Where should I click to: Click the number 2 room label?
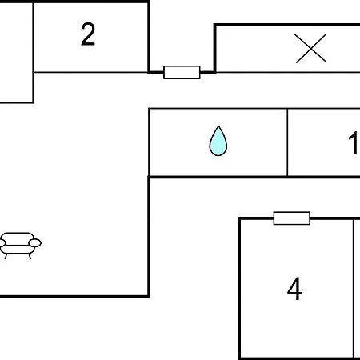point(88,34)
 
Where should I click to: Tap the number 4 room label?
point(294,289)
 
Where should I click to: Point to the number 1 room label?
point(354,143)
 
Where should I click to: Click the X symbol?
point(310,49)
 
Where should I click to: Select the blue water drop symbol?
point(218,141)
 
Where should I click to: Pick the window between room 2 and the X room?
point(182,72)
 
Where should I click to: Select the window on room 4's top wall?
point(292,218)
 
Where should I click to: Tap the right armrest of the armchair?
point(35,243)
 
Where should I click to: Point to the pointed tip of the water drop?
point(218,126)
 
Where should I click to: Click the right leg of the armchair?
point(30,256)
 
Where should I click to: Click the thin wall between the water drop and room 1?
point(287,142)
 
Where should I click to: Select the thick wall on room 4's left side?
point(239,289)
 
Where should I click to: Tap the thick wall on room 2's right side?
point(149,37)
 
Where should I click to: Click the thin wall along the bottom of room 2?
point(90,72)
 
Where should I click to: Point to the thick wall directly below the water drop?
point(254,177)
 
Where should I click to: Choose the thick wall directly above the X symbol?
point(287,25)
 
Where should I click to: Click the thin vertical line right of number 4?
point(354,289)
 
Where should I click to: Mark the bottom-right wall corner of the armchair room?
point(149,296)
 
